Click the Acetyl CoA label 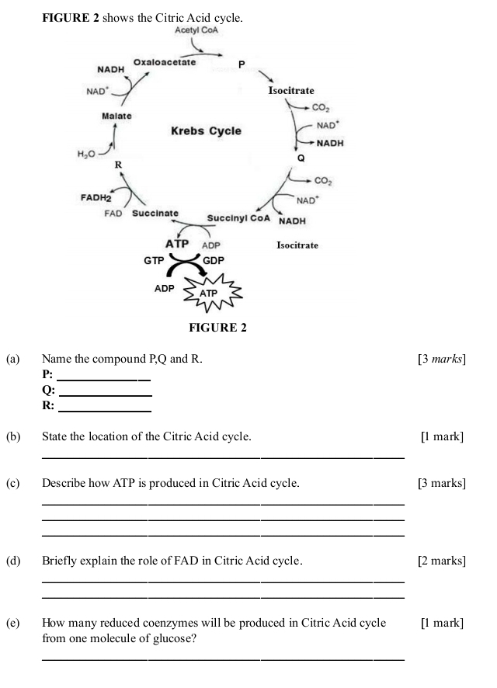[x=198, y=30]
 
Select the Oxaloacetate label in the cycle [x=165, y=61]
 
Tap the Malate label [x=116, y=116]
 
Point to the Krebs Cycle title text [x=206, y=131]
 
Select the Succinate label [x=155, y=213]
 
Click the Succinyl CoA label [x=238, y=218]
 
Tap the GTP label [x=154, y=261]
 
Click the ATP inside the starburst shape [x=210, y=294]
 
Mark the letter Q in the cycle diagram [x=301, y=158]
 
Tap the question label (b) [x=12, y=437]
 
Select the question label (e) [x=12, y=623]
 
